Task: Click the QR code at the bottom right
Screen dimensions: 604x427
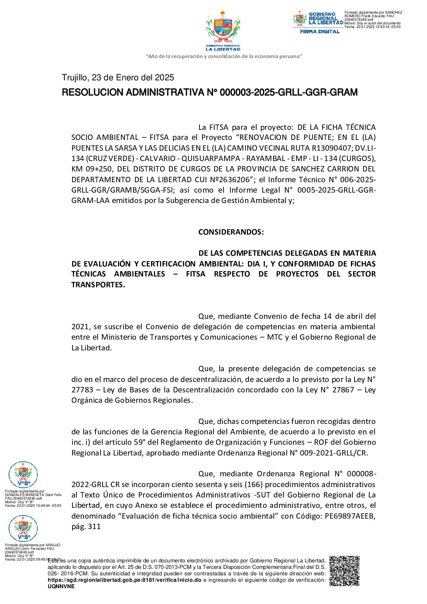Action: [344, 571]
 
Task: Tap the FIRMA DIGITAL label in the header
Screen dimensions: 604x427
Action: [319, 32]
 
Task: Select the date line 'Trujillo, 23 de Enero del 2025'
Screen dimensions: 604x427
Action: [118, 77]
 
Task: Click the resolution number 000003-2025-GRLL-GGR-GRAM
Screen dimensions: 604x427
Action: [288, 93]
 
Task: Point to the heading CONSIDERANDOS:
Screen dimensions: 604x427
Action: [231, 232]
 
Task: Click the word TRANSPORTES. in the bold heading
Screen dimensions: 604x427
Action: [98, 285]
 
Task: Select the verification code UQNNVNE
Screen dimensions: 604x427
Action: [61, 586]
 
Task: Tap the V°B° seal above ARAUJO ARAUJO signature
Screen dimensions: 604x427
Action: [23, 528]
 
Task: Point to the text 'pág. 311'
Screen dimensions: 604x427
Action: [86, 527]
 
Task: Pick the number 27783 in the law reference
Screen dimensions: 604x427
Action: [82, 390]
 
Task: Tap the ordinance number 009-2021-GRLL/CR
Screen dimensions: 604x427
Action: [333, 453]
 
